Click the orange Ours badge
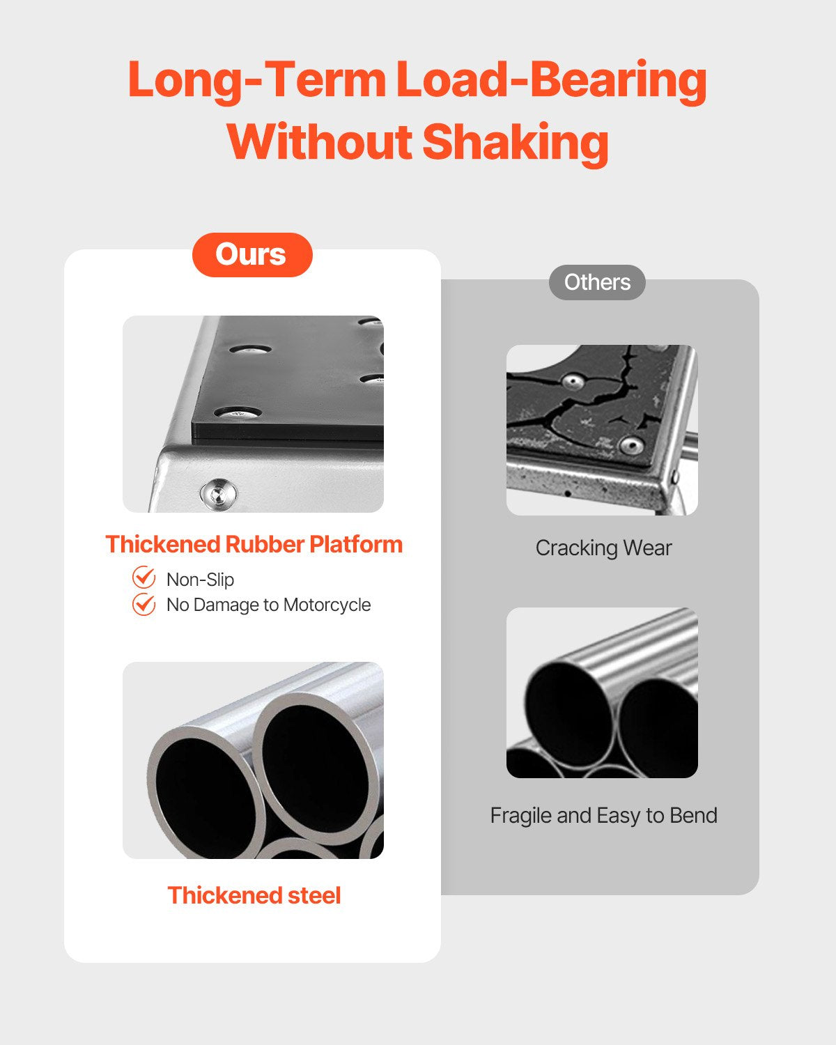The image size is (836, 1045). click(252, 255)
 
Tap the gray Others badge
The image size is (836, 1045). click(597, 282)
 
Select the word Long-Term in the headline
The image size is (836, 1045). click(258, 80)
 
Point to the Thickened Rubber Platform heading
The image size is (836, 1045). click(254, 544)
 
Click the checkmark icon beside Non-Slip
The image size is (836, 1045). click(144, 578)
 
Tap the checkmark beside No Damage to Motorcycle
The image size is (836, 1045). click(144, 604)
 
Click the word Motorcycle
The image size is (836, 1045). click(327, 605)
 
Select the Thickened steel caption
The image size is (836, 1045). click(254, 895)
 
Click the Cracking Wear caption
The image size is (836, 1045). click(604, 548)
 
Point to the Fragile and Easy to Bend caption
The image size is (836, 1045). click(604, 815)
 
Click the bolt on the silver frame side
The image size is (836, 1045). click(218, 493)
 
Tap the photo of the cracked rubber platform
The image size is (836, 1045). click(602, 431)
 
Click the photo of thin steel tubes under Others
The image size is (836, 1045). click(602, 692)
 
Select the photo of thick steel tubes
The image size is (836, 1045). click(253, 760)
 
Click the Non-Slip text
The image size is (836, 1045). click(200, 580)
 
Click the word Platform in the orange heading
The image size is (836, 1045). click(356, 544)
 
